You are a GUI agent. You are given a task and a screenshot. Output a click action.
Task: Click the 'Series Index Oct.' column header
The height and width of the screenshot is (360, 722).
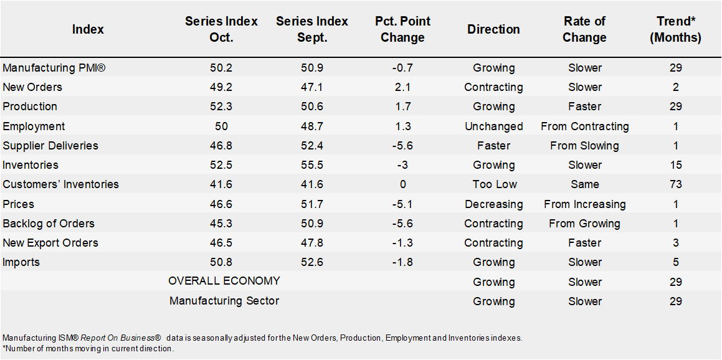[x=221, y=29]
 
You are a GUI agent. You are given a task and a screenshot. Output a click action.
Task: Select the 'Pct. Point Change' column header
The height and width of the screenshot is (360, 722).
[x=402, y=29]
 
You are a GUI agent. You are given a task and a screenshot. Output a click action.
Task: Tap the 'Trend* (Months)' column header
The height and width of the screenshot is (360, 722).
[x=675, y=29]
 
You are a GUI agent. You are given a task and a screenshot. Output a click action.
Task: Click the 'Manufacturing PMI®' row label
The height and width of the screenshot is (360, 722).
[x=54, y=68]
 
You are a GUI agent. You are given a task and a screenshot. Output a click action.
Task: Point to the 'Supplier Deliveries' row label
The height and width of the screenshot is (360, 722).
[x=50, y=146]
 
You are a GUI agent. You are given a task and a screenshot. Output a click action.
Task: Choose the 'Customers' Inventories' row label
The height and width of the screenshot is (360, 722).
[x=60, y=184]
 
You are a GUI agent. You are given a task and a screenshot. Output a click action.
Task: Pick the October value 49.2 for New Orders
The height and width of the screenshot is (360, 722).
[x=221, y=87]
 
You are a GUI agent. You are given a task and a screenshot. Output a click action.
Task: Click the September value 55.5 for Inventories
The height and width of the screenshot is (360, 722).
[x=311, y=165]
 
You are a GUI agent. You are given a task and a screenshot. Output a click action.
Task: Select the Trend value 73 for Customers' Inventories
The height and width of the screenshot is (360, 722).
[x=675, y=184]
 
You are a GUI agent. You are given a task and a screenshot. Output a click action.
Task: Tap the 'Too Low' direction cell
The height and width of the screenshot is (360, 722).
[x=493, y=184]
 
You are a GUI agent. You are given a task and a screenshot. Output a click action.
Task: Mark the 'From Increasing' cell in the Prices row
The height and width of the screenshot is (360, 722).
[x=584, y=204]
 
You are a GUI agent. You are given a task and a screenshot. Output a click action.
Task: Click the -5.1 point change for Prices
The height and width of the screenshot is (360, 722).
[x=402, y=204]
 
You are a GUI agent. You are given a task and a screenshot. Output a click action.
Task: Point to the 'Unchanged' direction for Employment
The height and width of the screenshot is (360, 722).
[x=493, y=126]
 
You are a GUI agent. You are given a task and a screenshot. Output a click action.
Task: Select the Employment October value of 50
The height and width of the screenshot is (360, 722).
[x=221, y=126]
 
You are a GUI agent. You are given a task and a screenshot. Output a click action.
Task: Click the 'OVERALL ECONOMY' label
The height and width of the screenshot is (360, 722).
[x=224, y=281]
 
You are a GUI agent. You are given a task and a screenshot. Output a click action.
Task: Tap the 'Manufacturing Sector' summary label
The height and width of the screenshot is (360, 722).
[x=224, y=301]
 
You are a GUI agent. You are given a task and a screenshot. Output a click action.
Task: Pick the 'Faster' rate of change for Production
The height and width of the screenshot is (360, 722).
[x=584, y=107]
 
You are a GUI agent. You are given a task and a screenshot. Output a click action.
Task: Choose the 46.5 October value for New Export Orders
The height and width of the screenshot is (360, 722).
[x=221, y=243]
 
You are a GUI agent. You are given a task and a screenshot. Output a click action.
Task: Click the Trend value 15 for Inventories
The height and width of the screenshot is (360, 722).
[x=675, y=165]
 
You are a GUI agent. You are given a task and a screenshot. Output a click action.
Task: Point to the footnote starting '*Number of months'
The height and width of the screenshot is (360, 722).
[x=88, y=349]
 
